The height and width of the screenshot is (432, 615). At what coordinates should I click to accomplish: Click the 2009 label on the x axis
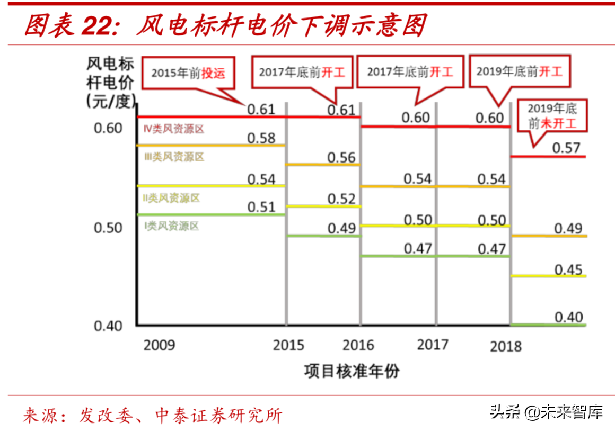(159, 345)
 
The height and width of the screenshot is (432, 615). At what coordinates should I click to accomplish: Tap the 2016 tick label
(358, 345)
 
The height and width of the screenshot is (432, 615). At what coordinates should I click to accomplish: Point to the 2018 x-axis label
(506, 346)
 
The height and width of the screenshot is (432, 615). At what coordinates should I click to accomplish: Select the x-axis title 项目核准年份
(352, 371)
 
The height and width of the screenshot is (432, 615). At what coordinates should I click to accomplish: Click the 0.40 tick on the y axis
(108, 326)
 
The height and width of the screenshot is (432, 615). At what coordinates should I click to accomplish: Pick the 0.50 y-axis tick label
(108, 228)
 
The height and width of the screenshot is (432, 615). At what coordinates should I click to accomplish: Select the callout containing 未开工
(551, 116)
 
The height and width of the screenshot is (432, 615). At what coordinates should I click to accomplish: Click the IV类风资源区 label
(174, 129)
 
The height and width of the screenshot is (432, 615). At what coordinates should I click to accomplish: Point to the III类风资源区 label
(174, 157)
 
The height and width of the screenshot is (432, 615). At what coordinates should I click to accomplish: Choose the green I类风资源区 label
(172, 226)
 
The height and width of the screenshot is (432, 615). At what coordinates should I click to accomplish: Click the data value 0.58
(261, 138)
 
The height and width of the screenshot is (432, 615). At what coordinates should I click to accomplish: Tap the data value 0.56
(341, 157)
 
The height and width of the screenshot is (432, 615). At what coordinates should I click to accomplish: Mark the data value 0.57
(566, 148)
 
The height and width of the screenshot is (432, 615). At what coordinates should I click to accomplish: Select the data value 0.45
(568, 269)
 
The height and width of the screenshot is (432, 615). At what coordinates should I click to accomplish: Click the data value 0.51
(261, 207)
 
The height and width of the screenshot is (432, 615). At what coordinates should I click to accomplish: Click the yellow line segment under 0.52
(323, 206)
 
